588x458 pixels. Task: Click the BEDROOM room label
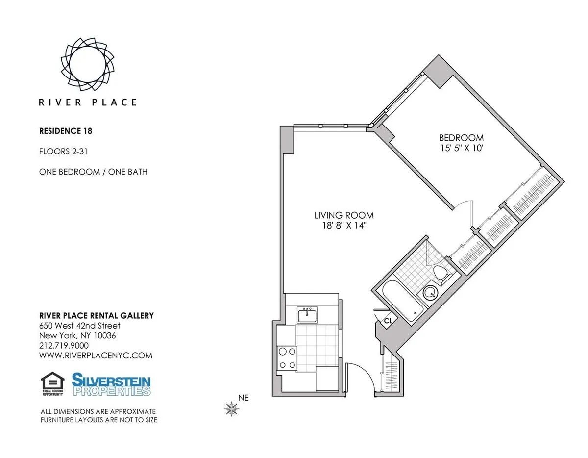click(x=461, y=138)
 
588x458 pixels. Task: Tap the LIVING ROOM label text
click(x=344, y=215)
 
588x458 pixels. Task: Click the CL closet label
click(x=388, y=321)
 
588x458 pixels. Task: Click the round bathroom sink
click(x=431, y=292)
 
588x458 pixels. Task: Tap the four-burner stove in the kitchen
click(x=286, y=357)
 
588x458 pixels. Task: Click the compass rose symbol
click(x=231, y=408)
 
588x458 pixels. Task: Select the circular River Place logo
click(x=89, y=64)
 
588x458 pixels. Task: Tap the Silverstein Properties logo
click(x=111, y=384)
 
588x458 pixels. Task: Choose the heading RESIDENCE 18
click(x=66, y=131)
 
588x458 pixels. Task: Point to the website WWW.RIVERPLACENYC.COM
click(x=96, y=356)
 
